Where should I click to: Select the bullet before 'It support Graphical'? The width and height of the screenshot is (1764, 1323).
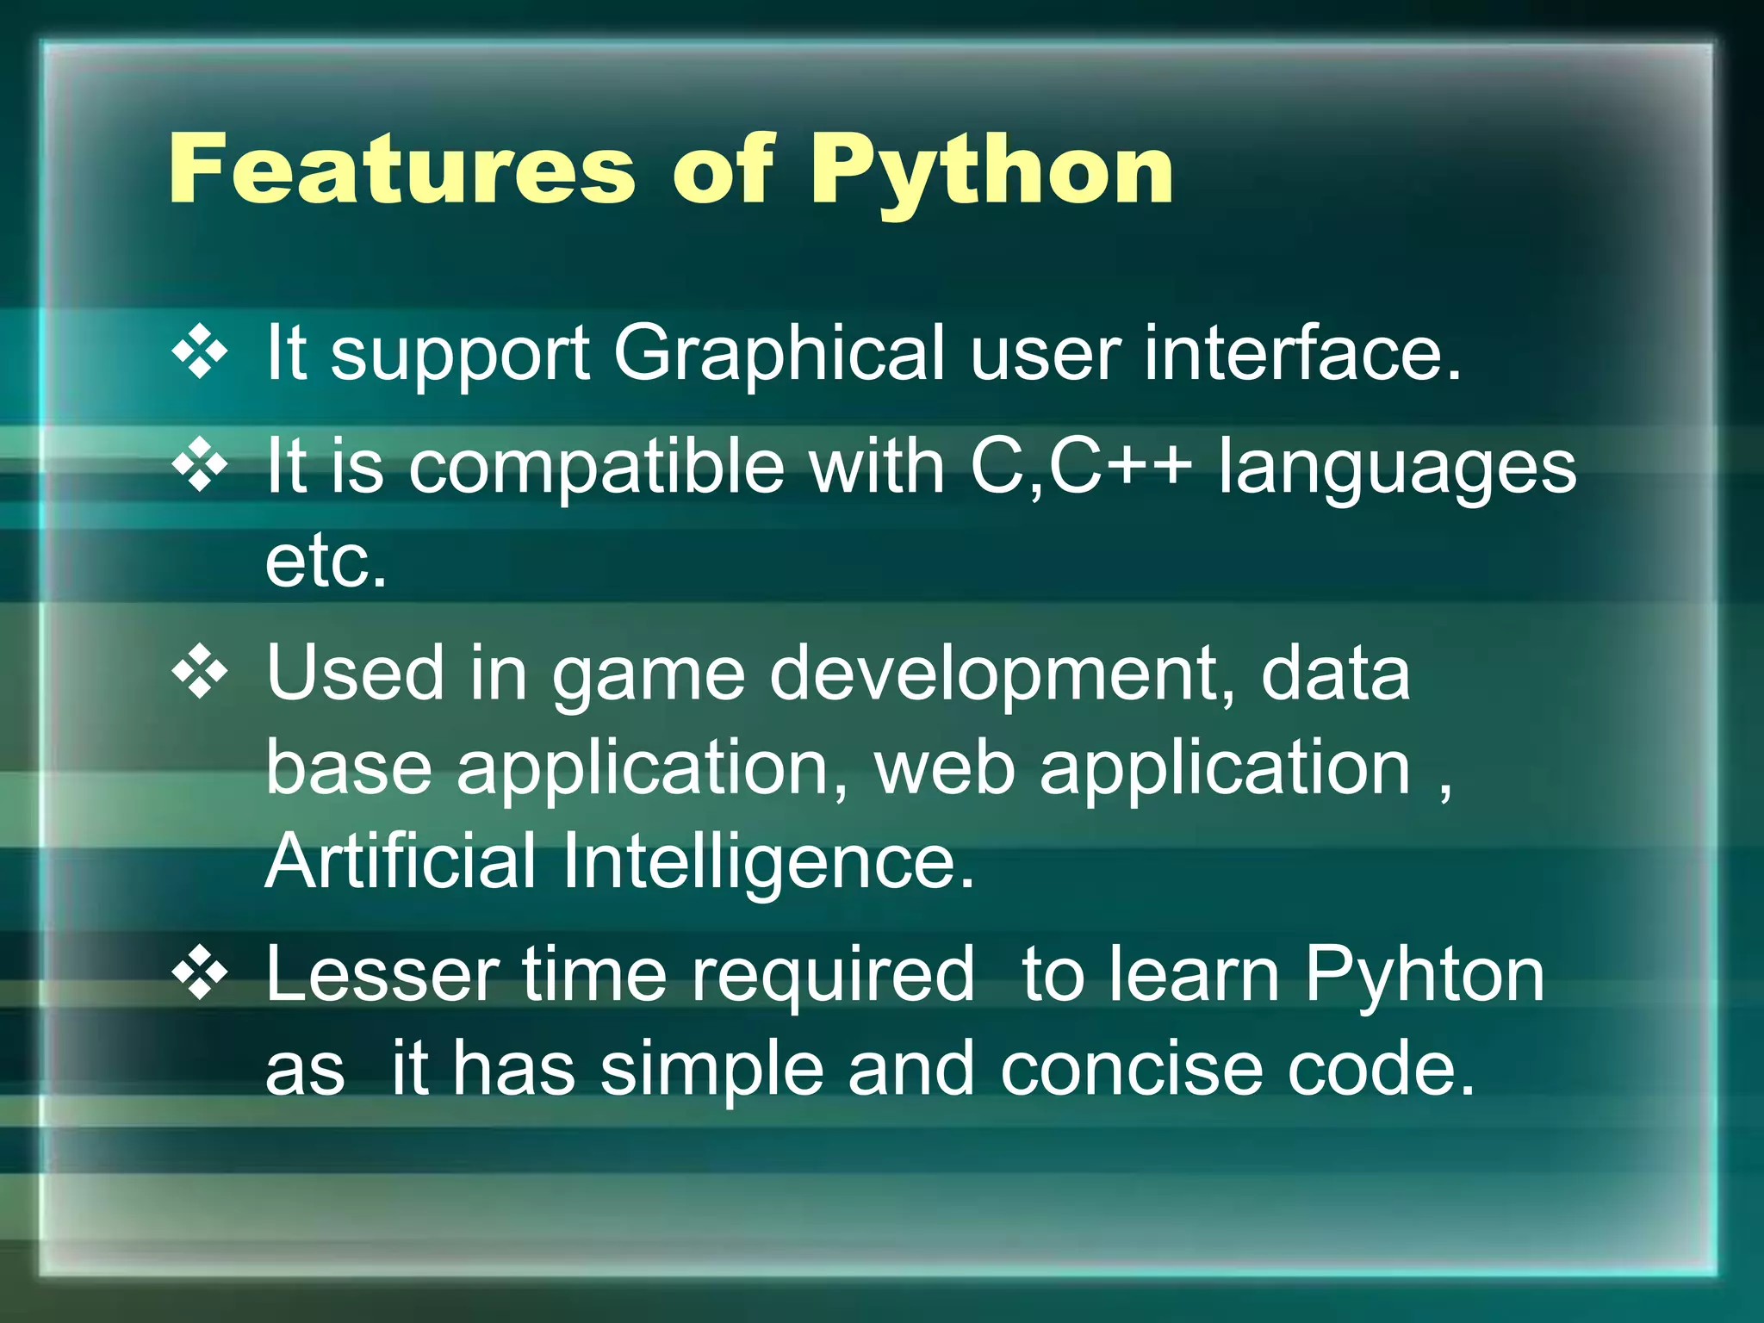click(x=200, y=351)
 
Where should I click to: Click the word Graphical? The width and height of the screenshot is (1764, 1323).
click(x=779, y=355)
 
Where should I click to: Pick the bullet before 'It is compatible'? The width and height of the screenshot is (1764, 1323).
click(x=200, y=465)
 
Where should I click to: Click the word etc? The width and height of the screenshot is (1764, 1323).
click(x=326, y=561)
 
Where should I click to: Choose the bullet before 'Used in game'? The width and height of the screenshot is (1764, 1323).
click(x=200, y=671)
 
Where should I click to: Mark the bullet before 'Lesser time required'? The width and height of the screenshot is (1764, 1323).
click(x=200, y=973)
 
